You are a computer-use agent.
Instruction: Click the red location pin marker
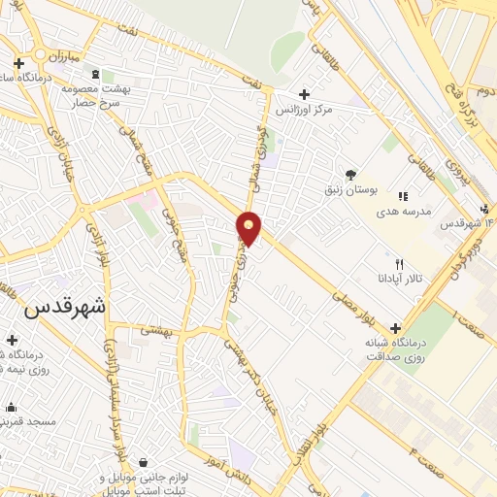tap(249, 228)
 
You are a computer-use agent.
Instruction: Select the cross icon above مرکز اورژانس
tap(304, 95)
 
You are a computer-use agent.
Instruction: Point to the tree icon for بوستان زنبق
tap(349, 175)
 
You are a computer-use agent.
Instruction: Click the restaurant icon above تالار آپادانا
tap(399, 264)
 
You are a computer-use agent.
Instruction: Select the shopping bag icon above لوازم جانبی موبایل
tap(144, 461)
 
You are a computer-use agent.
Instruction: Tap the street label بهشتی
tap(156, 331)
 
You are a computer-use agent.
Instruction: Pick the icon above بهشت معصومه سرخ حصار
tap(95, 74)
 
